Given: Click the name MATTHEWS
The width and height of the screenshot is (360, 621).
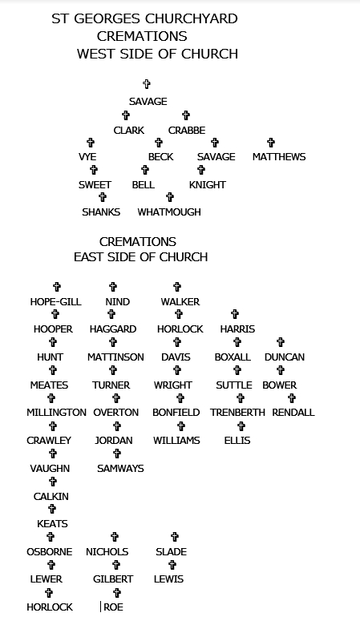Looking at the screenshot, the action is [279, 157].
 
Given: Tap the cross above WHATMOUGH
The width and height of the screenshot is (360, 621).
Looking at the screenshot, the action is [170, 197].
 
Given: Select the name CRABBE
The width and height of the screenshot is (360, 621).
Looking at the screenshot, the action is [187, 131].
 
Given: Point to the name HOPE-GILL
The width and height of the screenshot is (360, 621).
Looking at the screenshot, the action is [56, 302].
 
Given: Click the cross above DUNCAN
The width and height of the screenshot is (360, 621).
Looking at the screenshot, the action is [281, 342].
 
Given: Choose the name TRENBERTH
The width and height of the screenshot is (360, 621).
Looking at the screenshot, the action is [237, 413].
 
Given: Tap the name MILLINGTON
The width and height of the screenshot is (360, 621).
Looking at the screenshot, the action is [56, 413].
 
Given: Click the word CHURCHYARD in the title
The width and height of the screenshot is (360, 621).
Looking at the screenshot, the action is [191, 18].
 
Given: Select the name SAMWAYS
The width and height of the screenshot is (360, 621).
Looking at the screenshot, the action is [120, 469].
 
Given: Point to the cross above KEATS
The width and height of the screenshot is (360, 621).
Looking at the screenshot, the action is [52, 509].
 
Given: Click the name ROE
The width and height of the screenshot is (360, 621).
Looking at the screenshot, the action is [114, 607].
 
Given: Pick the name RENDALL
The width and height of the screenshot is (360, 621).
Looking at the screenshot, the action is [293, 413].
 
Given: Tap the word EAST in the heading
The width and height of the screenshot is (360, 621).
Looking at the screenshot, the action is [91, 257].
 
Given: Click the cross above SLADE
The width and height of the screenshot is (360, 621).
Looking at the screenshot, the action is [175, 537].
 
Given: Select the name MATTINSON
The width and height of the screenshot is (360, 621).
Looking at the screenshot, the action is [115, 357].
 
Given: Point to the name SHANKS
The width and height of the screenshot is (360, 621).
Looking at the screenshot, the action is [101, 212].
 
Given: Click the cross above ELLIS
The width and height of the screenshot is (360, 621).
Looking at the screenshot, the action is [241, 426].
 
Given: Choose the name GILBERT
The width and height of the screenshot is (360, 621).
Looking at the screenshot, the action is [113, 579].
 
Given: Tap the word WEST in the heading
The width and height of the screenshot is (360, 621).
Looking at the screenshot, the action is [96, 54].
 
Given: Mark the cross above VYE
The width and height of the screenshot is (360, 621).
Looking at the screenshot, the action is [91, 143].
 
